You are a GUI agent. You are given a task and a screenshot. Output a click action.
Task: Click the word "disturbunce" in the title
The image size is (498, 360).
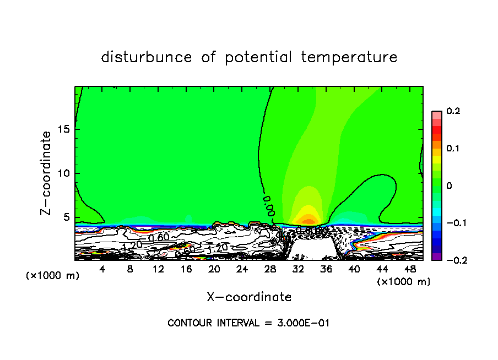point(147,57)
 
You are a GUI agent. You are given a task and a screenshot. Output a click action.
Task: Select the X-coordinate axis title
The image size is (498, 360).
point(249,297)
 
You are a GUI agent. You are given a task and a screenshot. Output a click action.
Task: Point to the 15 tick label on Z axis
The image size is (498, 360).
point(63,129)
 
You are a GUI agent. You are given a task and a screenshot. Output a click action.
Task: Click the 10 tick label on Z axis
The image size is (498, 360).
point(63,173)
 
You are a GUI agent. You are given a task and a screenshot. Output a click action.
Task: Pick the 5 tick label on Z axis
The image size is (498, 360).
point(66,217)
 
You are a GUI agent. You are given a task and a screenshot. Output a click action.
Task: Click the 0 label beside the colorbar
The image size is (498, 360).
point(450,186)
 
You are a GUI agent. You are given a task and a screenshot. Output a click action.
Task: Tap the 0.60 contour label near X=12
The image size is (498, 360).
point(159,237)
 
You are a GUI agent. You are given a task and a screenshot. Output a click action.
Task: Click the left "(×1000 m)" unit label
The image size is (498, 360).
point(52,276)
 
